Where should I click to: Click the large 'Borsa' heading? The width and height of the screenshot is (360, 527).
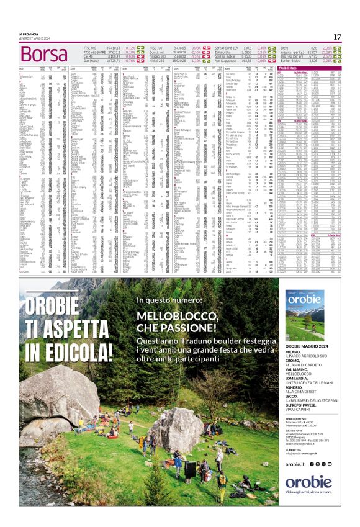pos(43,54)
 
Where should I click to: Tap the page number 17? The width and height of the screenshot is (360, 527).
pos(337,37)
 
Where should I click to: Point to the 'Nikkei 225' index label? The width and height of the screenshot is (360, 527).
pos(158,60)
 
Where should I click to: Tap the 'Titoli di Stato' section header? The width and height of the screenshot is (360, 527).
pos(298,67)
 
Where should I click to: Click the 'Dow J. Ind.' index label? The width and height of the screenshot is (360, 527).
pos(158,52)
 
